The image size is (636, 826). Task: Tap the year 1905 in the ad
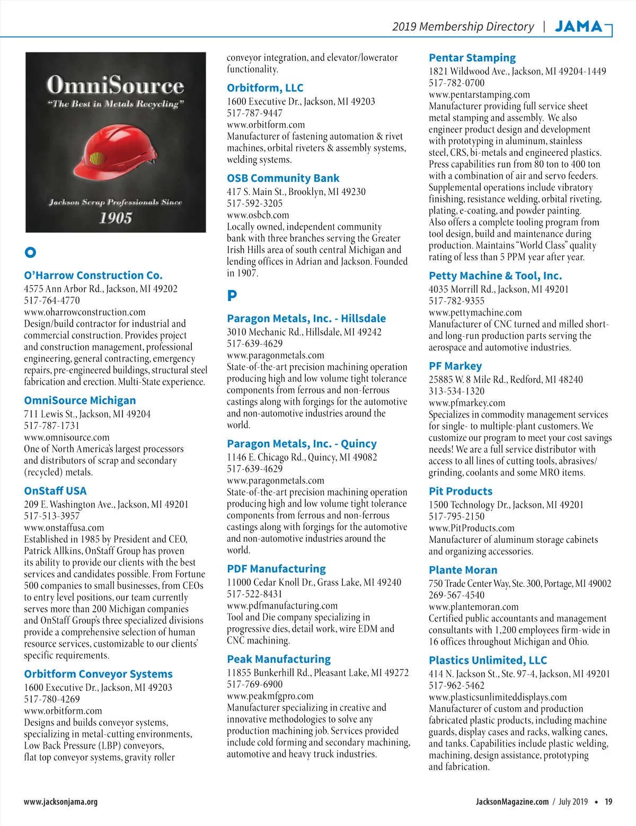tap(116, 218)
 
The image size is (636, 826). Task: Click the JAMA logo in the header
tap(579, 27)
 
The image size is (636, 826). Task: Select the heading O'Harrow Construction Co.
tap(93, 275)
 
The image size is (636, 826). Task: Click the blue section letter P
tap(232, 296)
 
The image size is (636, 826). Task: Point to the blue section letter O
tap(30, 252)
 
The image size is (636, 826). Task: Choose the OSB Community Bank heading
tap(283, 178)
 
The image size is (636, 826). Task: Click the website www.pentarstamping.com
tap(479, 94)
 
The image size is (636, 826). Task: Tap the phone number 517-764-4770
tap(52, 300)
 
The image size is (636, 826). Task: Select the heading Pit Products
tap(461, 491)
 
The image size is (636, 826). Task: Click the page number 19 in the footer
tap(608, 802)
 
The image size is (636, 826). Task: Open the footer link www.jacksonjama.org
tap(60, 802)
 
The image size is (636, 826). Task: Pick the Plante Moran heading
tap(463, 570)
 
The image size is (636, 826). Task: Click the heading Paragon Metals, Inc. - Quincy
tap(302, 443)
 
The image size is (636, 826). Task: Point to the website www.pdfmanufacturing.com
tap(282, 605)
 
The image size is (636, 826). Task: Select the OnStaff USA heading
tap(55, 491)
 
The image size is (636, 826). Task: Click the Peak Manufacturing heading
tap(279, 659)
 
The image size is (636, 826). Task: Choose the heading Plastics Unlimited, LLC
tap(488, 660)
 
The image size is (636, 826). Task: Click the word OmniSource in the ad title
tap(115, 85)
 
